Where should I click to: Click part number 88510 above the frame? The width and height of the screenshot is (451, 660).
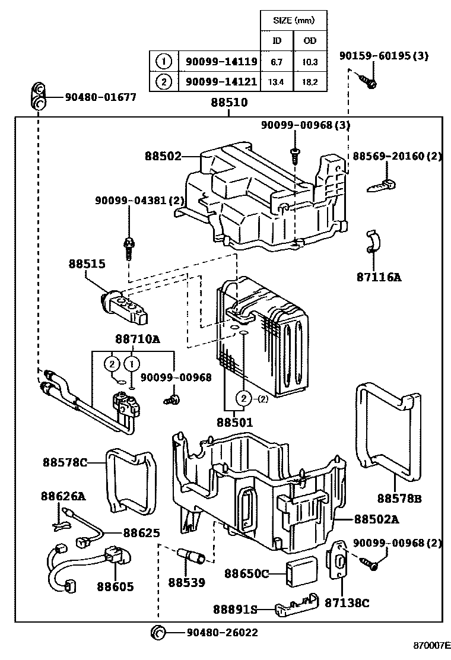pyautogui.click(x=229, y=103)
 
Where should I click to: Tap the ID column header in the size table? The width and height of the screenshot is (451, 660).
pyautogui.click(x=277, y=41)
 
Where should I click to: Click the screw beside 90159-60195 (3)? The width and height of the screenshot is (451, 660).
pyautogui.click(x=369, y=81)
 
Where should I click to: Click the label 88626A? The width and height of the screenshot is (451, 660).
pyautogui.click(x=63, y=495)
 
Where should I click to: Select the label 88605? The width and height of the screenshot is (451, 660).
pyautogui.click(x=115, y=587)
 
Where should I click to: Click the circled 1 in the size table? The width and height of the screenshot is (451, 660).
pyautogui.click(x=164, y=61)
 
